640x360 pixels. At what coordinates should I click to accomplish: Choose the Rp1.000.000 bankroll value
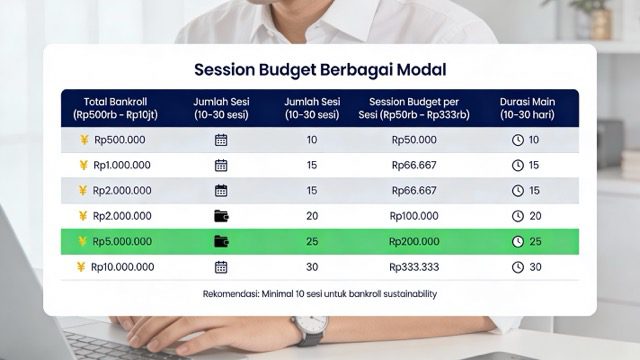(122, 165)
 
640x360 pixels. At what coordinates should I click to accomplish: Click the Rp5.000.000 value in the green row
(122, 241)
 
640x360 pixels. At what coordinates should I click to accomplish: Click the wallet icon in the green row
(221, 241)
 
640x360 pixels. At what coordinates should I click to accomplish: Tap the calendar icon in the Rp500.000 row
(221, 140)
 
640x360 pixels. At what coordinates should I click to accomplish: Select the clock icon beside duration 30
(518, 267)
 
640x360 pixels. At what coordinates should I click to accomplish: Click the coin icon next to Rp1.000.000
(84, 165)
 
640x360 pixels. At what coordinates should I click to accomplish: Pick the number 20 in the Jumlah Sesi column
(312, 216)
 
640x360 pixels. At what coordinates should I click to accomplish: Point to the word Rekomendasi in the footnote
(231, 294)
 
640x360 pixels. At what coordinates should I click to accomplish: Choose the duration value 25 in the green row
(534, 241)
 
